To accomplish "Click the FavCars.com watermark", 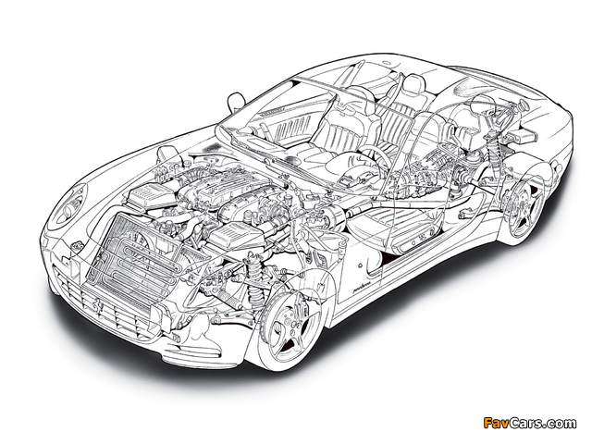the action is point(530,423).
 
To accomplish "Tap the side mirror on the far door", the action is point(234,102).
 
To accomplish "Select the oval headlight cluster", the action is point(69,204).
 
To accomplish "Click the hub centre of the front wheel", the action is point(290,322).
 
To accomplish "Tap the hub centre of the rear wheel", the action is point(523,206).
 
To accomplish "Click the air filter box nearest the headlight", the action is point(151,195).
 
